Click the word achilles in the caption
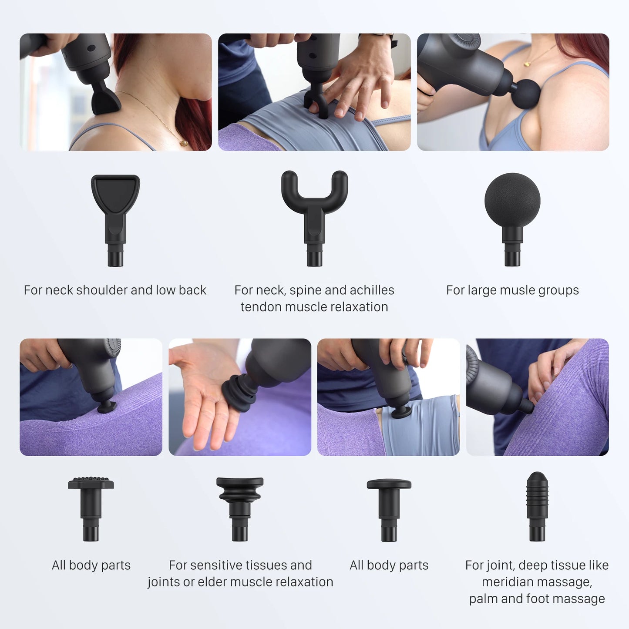point(372,290)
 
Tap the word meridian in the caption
point(507,582)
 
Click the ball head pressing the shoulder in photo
point(526,92)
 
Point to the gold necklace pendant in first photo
point(184,143)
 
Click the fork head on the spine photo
point(317,106)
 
